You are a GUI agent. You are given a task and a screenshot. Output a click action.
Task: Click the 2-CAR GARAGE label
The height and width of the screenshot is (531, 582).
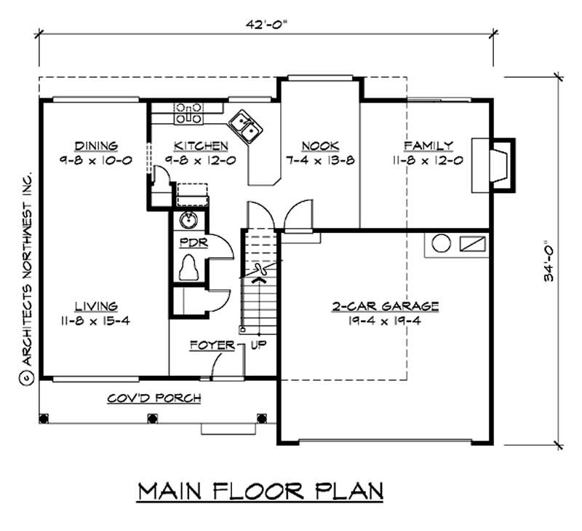tap(386, 306)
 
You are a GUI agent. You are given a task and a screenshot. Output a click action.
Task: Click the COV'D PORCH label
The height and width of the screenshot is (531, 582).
tap(154, 398)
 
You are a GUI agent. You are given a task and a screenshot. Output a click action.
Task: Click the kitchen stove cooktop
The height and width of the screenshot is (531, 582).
tap(188, 113)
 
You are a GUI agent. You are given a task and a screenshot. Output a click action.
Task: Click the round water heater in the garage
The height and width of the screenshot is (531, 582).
tap(440, 243)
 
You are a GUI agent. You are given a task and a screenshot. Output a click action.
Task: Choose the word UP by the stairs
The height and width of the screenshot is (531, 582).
tap(259, 345)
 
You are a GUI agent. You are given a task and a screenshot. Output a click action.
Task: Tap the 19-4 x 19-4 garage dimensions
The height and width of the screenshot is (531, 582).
tap(386, 320)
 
